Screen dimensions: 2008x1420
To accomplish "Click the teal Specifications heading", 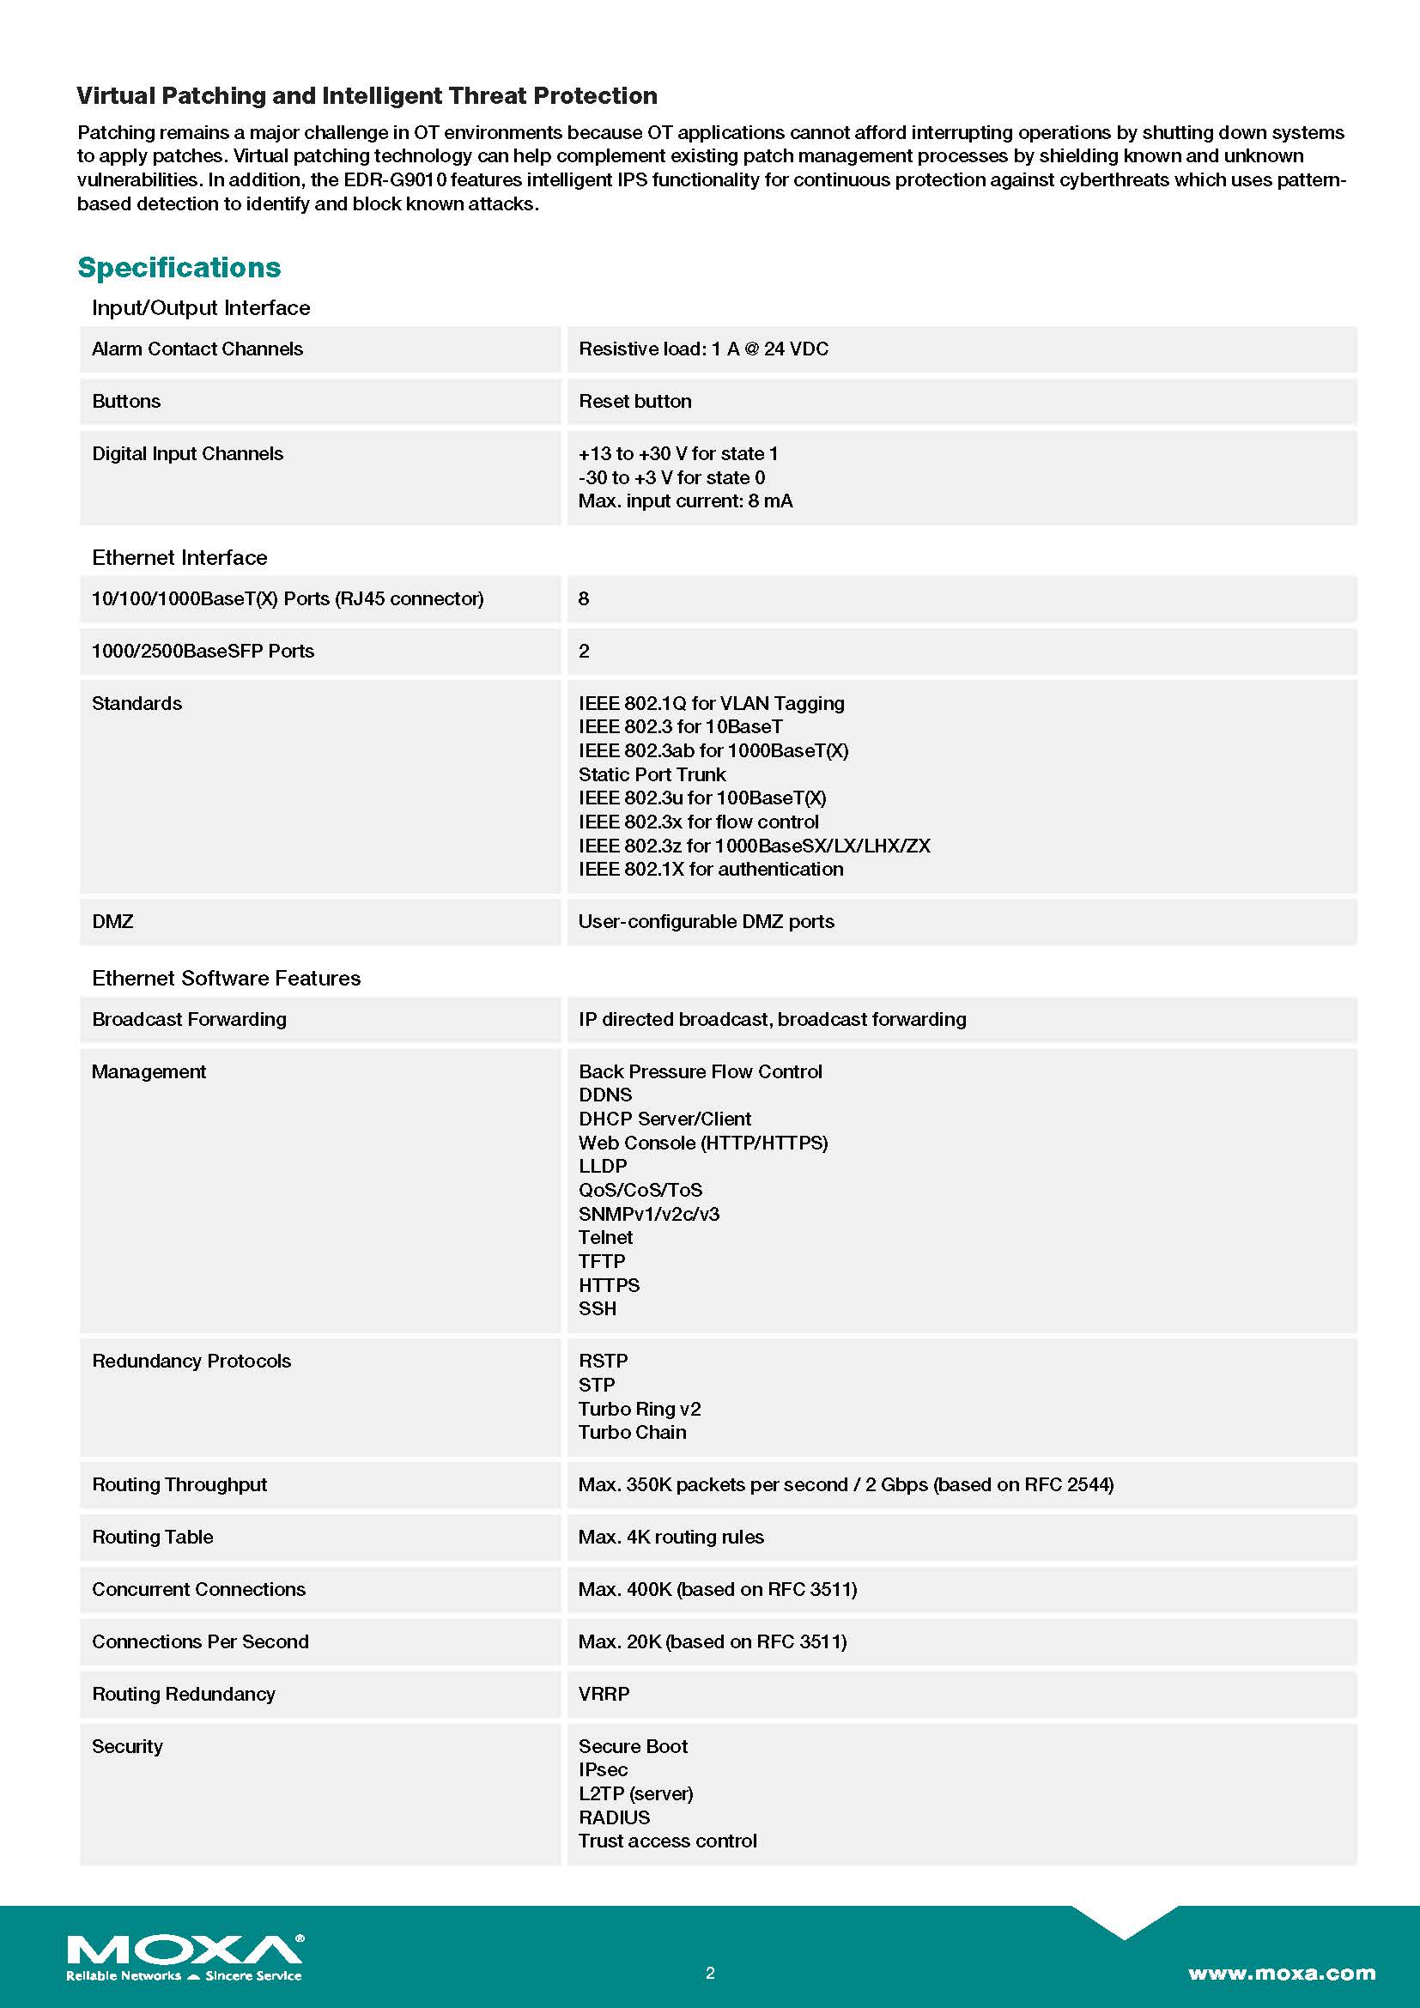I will [x=179, y=268].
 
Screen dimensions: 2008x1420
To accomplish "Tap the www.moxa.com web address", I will [x=1281, y=1973].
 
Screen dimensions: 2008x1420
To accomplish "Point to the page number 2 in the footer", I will [x=710, y=1973].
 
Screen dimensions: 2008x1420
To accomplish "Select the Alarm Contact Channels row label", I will [x=197, y=349].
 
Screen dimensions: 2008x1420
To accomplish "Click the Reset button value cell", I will [x=634, y=402].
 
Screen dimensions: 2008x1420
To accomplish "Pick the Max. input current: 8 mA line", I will [x=685, y=501].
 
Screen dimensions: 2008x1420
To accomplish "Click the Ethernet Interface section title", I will [x=179, y=558].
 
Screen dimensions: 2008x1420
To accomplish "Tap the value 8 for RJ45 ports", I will [x=584, y=599].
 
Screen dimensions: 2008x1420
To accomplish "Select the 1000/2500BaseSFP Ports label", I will [x=203, y=652].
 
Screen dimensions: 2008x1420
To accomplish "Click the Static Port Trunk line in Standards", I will [x=652, y=775].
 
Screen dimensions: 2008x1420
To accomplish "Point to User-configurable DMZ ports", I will [x=707, y=922].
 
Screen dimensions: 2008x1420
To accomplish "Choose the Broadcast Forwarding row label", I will [x=189, y=1020].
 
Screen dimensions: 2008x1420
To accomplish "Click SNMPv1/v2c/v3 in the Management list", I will [x=649, y=1214].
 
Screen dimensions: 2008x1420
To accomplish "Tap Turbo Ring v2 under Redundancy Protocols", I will [x=640, y=1409].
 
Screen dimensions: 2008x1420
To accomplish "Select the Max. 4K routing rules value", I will [x=671, y=1537].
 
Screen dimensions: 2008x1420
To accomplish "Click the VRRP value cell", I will [x=604, y=1694].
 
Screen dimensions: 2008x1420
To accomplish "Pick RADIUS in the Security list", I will [x=615, y=1817].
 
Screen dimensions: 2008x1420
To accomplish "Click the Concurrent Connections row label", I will [x=198, y=1589].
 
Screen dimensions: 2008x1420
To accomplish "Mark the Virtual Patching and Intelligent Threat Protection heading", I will [x=367, y=96].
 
